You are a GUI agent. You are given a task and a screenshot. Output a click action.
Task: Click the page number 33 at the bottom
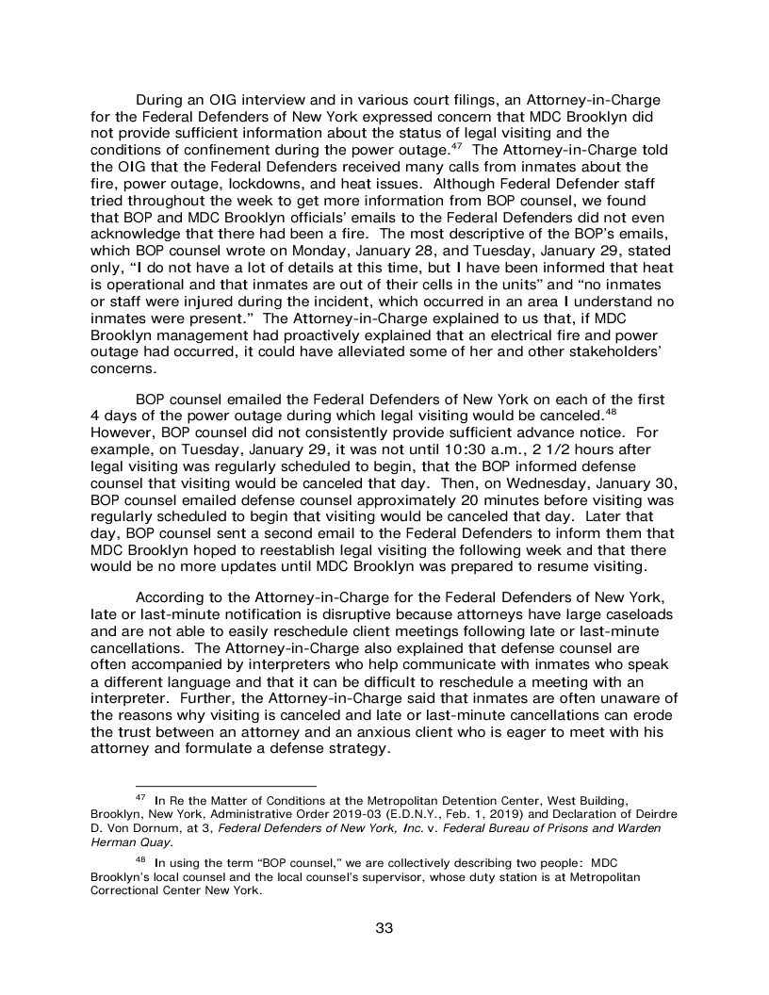pyautogui.click(x=384, y=928)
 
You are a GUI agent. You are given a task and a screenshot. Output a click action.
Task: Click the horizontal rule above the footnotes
pyautogui.click(x=226, y=785)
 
